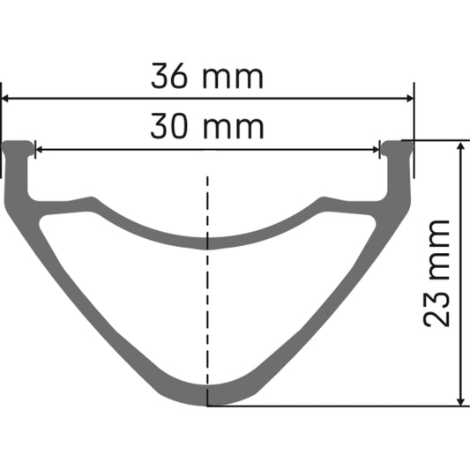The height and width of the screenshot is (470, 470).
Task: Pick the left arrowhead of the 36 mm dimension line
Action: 6,100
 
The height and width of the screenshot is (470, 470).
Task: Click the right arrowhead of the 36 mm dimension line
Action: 408,100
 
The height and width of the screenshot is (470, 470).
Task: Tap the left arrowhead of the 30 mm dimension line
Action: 40,149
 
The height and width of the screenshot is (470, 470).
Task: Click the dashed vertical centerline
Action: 208,291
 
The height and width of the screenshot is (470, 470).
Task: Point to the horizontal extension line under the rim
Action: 335,406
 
